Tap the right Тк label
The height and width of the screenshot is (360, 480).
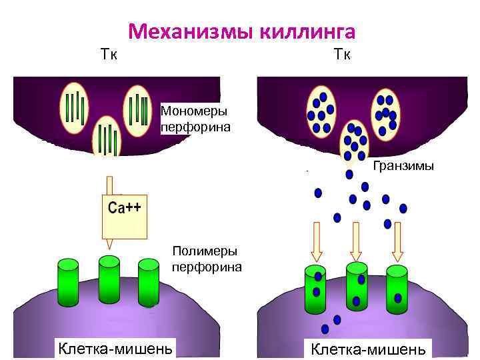(342, 53)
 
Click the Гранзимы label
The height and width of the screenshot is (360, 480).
(403, 165)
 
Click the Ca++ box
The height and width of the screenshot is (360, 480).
(124, 214)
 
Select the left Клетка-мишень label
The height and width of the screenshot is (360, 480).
(114, 347)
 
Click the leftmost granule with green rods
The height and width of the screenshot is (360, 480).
(74, 109)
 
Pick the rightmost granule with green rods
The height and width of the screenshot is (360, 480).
(141, 109)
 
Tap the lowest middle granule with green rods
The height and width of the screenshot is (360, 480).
(107, 138)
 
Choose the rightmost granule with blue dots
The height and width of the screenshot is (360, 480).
(386, 111)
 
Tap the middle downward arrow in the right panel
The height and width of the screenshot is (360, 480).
(356, 241)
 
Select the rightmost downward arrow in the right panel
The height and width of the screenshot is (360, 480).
(397, 241)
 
